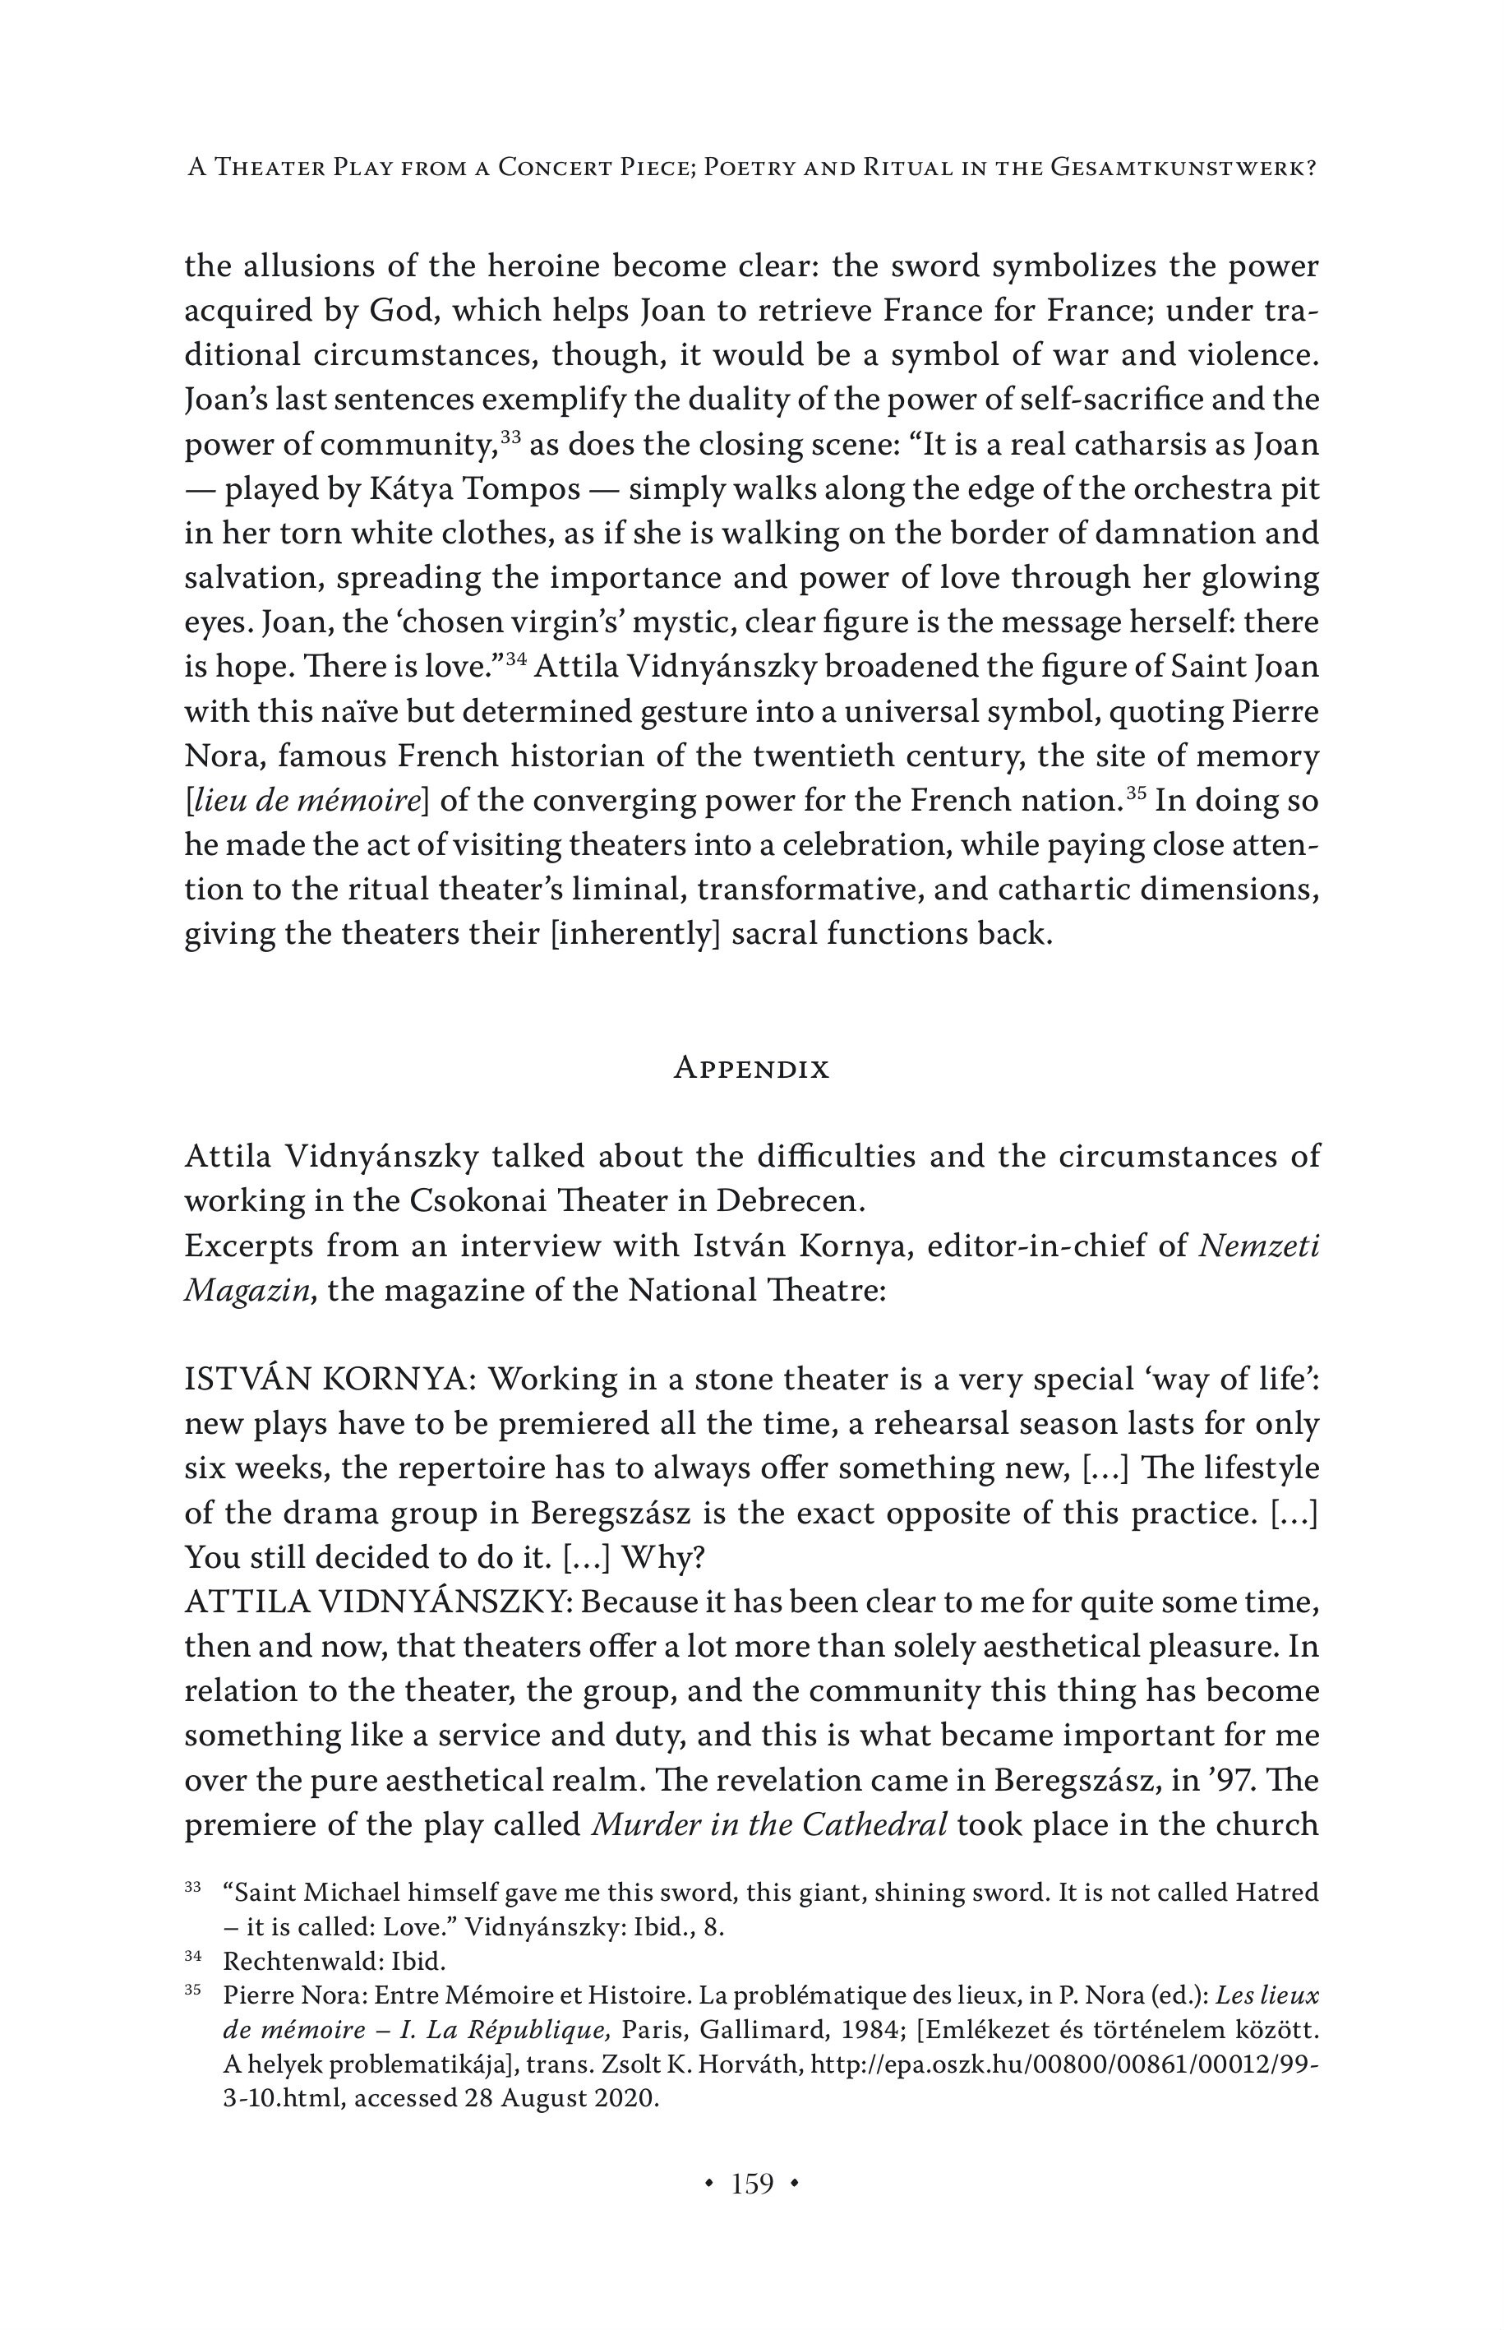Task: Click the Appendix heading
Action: point(751,1069)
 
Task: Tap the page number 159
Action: point(752,2184)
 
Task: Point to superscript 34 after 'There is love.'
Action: point(517,658)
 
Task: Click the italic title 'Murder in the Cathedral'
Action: point(768,1826)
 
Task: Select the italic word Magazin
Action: point(248,1291)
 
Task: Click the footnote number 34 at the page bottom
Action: point(192,1957)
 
